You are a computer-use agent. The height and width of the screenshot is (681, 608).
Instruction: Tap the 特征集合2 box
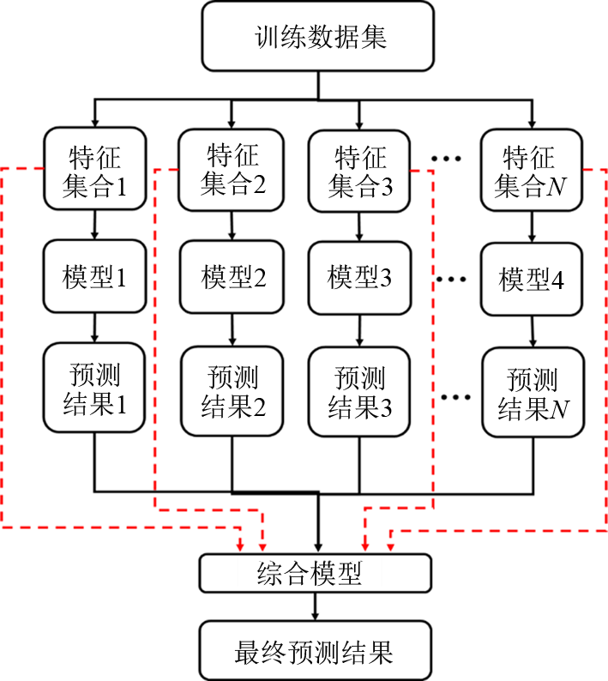pyautogui.click(x=232, y=170)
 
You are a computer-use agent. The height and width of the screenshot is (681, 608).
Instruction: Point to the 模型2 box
pyautogui.click(x=232, y=278)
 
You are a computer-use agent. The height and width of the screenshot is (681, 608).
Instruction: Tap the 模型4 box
pyautogui.click(x=529, y=280)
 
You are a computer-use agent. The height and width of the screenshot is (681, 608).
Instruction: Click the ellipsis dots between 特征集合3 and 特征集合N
pyautogui.click(x=448, y=160)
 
